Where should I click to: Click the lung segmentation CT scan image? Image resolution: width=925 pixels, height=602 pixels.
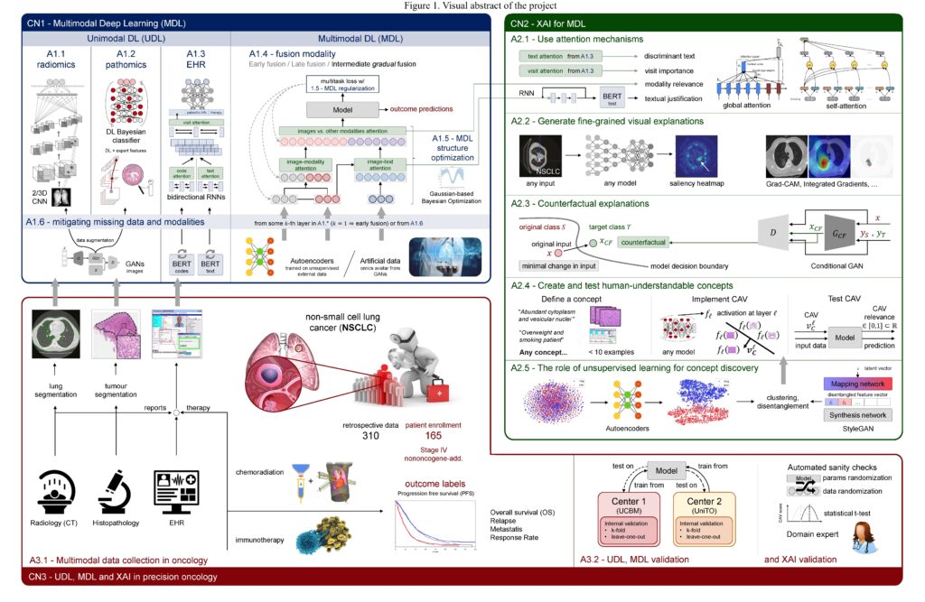click(x=54, y=332)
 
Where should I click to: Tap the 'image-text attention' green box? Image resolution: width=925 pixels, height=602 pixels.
click(x=376, y=163)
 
